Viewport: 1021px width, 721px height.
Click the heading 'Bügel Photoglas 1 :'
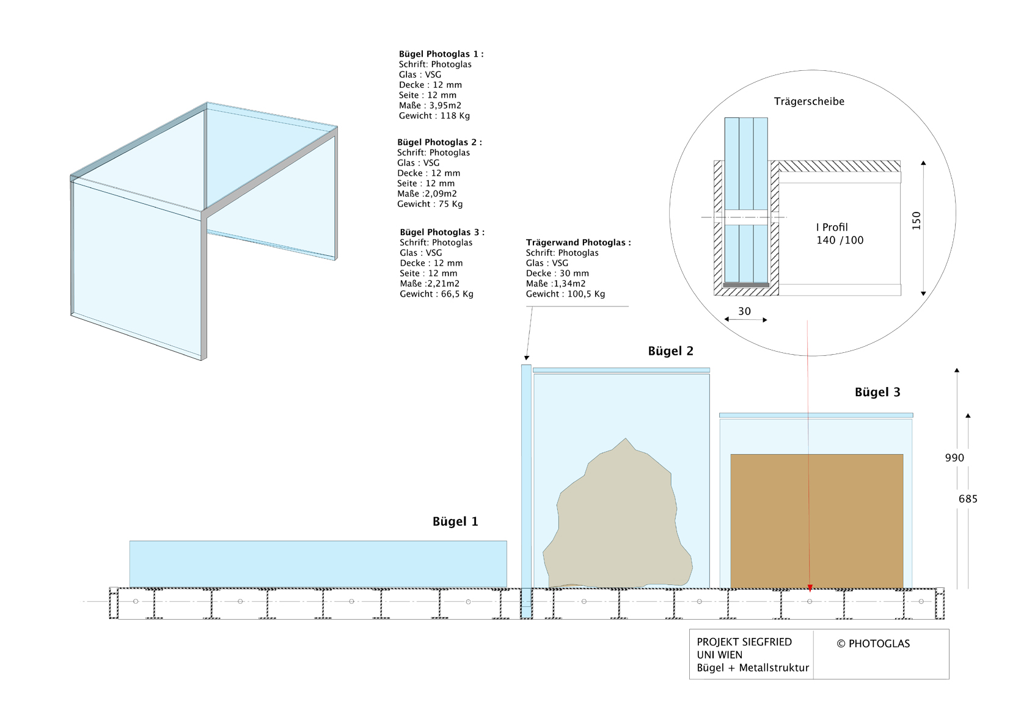(441, 54)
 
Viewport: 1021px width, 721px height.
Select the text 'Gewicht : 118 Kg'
(434, 115)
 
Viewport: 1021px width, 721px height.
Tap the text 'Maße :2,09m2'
(427, 194)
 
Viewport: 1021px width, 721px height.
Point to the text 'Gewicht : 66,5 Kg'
(437, 294)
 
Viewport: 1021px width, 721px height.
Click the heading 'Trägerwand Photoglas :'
(579, 243)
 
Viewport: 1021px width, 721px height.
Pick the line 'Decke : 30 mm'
(557, 274)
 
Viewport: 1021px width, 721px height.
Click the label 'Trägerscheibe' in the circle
(809, 101)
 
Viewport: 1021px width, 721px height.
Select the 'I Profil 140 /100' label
(840, 234)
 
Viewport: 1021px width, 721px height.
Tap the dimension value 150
(917, 221)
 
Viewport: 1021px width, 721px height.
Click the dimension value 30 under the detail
(744, 311)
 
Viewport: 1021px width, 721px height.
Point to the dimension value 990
(954, 458)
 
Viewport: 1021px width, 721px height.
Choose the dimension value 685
(968, 499)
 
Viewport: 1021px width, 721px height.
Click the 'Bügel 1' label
(455, 521)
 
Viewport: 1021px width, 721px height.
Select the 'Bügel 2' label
(671, 351)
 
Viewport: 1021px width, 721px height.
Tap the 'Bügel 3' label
(877, 392)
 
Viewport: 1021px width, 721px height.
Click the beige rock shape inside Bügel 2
(618, 519)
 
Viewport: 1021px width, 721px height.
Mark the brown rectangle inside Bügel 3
(817, 521)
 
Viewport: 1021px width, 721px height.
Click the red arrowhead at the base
(810, 588)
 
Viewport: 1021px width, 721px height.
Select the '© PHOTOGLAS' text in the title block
(873, 643)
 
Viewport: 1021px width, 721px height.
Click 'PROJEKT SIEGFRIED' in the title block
(744, 642)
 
